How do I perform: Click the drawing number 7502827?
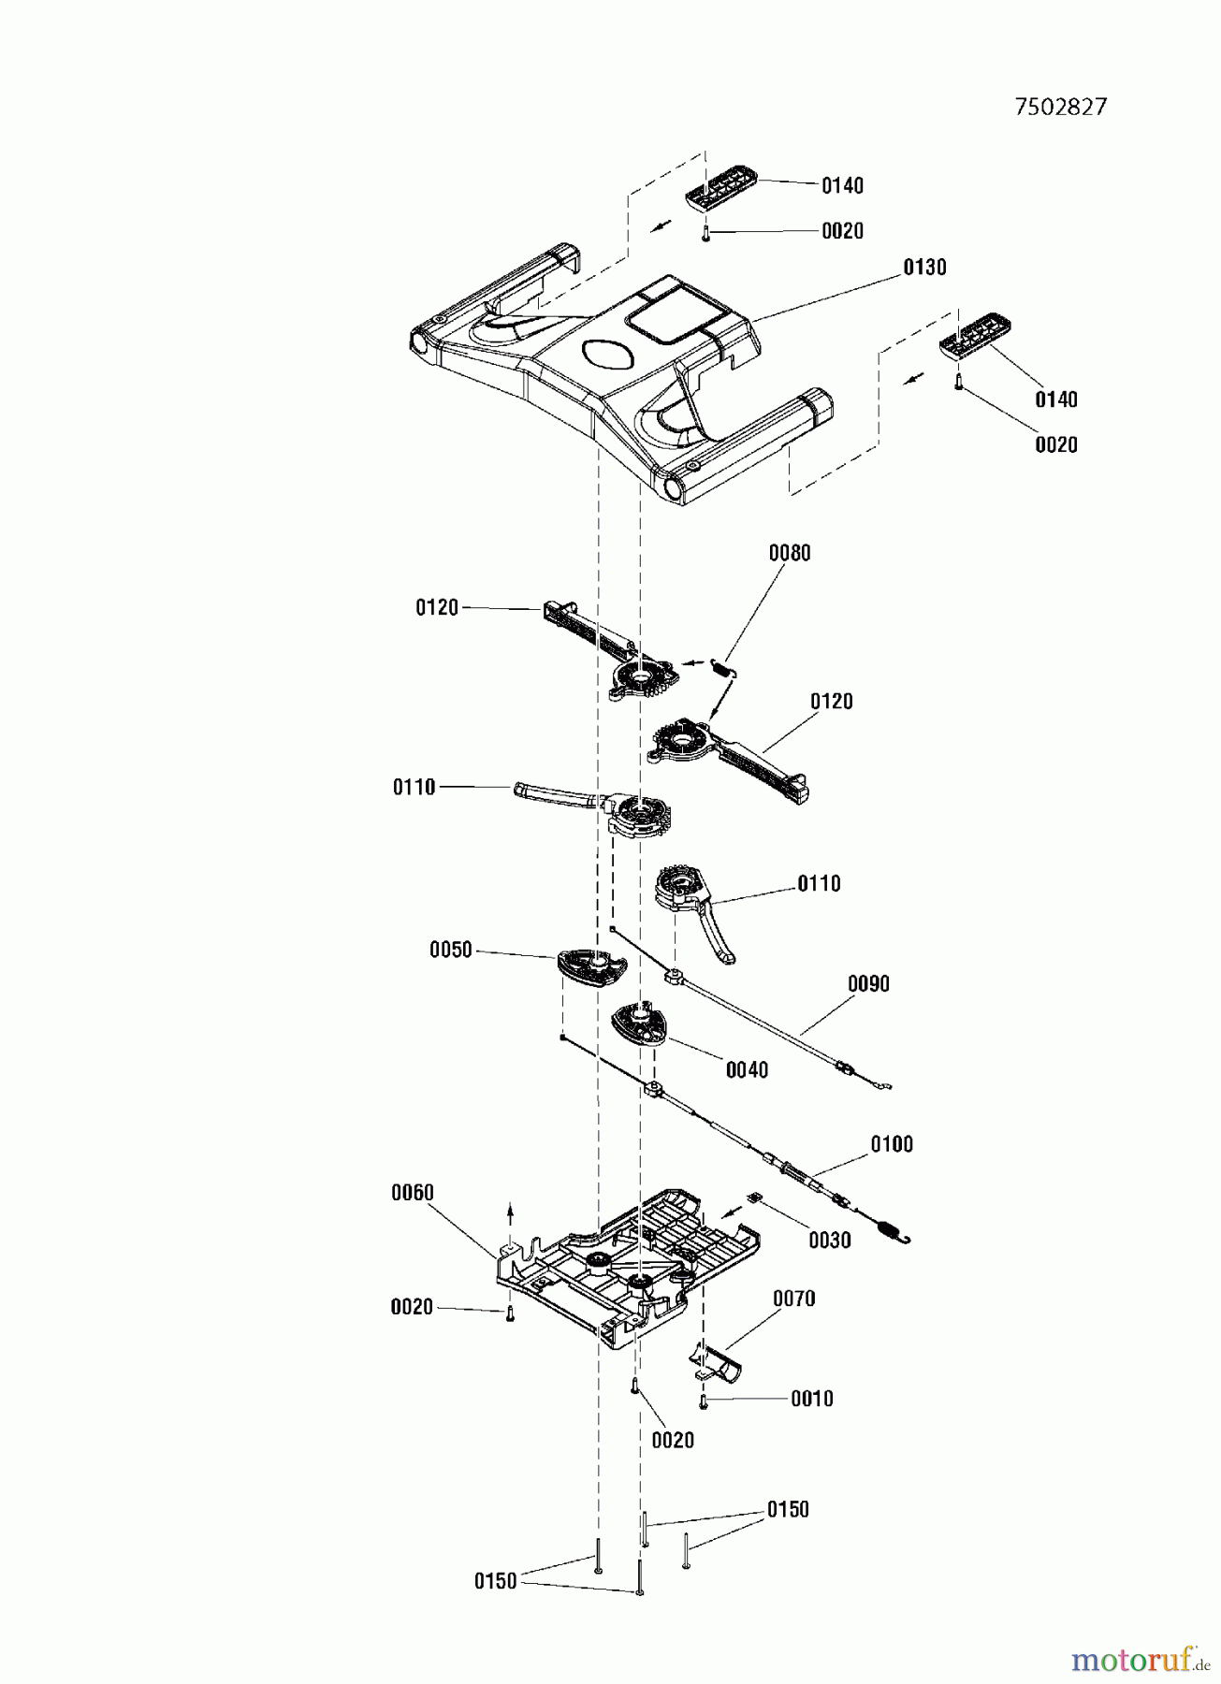point(1060,107)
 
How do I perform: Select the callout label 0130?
point(924,268)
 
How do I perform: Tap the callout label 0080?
point(790,553)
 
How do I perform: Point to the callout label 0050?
point(451,951)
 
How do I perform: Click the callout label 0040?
point(747,1069)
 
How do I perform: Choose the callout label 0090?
point(868,983)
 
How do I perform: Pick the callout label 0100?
point(892,1143)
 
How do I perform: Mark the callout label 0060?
point(412,1192)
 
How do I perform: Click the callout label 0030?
point(830,1240)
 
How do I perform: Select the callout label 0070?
point(793,1299)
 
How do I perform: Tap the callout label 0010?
point(811,1399)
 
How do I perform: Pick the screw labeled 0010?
point(703,1401)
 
